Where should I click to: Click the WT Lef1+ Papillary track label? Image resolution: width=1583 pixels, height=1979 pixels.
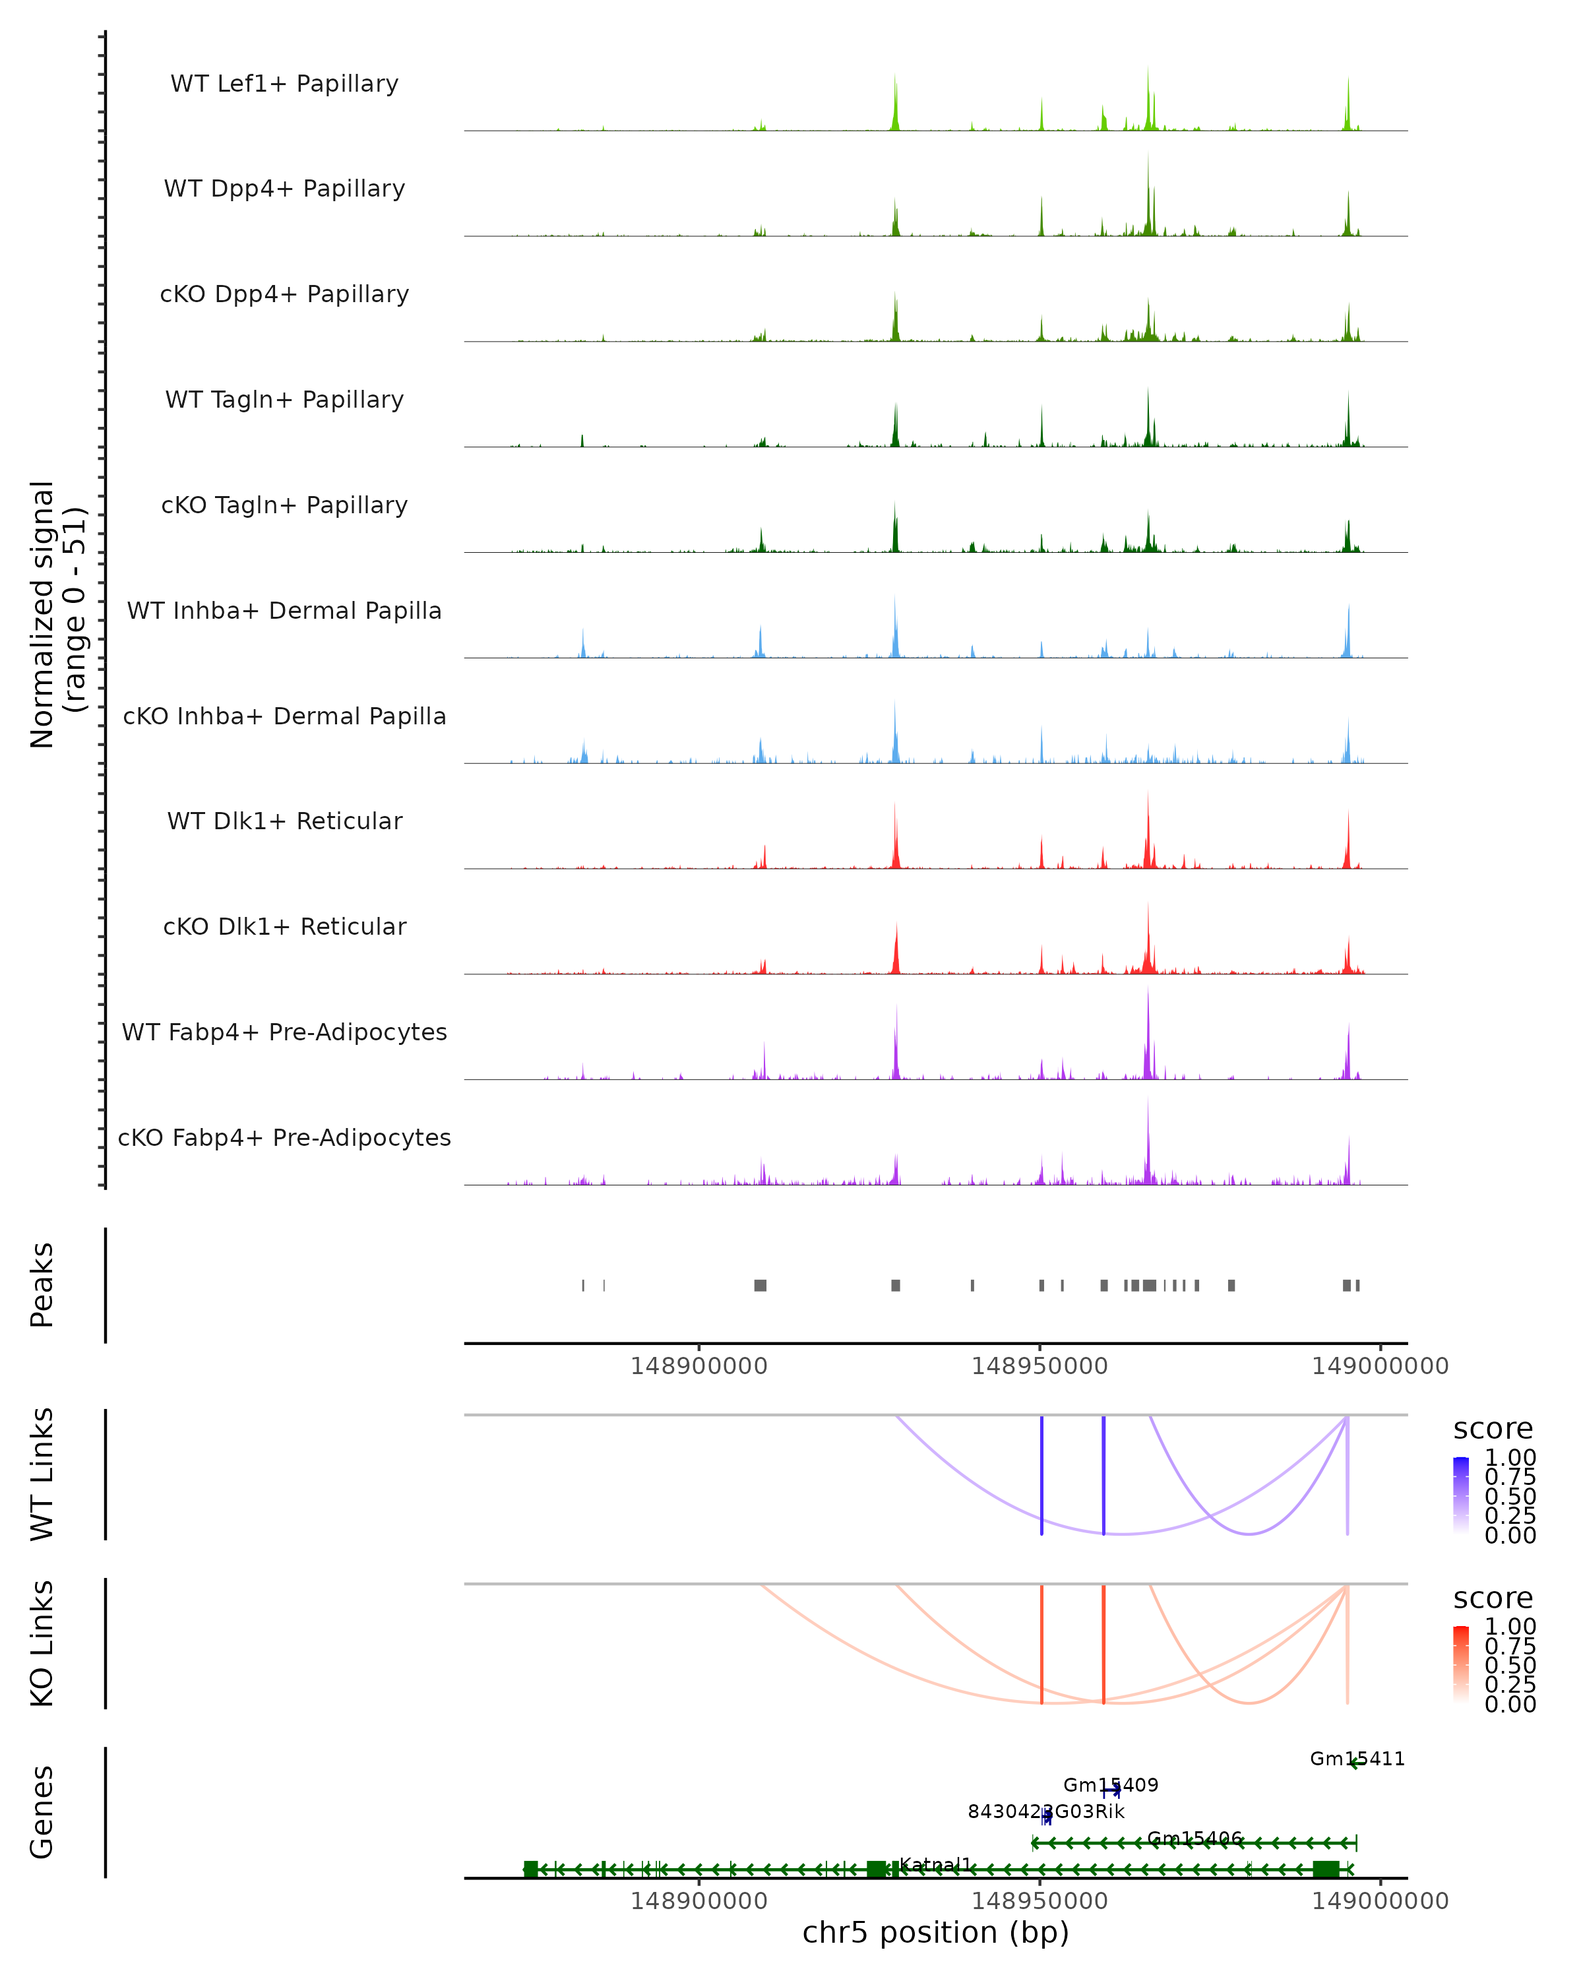pyautogui.click(x=284, y=84)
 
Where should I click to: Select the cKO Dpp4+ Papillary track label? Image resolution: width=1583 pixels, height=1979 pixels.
pyautogui.click(x=284, y=295)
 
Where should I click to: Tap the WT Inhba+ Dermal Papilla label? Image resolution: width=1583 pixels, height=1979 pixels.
pyautogui.click(x=284, y=612)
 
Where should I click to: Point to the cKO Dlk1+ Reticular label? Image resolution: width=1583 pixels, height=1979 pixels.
pyautogui.click(x=284, y=927)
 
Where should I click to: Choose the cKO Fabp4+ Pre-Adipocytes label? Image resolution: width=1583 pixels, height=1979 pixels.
pyautogui.click(x=284, y=1138)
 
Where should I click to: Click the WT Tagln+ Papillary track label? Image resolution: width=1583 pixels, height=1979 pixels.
pyautogui.click(x=284, y=400)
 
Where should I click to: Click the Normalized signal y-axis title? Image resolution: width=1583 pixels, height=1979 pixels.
pyautogui.click(x=57, y=614)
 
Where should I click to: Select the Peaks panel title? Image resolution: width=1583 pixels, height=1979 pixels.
pyautogui.click(x=42, y=1285)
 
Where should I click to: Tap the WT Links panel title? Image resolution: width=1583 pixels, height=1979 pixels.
pyautogui.click(x=42, y=1474)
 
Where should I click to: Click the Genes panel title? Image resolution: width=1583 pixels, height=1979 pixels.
pyautogui.click(x=42, y=1812)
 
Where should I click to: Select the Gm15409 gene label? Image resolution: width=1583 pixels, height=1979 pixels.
pyautogui.click(x=1110, y=1785)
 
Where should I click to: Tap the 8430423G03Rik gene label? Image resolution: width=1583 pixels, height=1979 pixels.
pyautogui.click(x=1045, y=1812)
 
